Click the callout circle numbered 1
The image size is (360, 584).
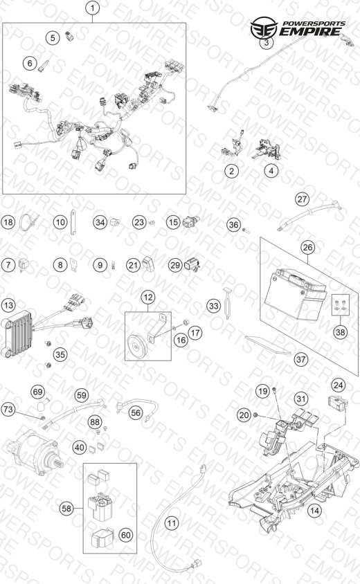[x=92, y=8]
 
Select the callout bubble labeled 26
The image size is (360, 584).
[x=307, y=247]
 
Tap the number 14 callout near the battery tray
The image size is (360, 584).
[x=314, y=510]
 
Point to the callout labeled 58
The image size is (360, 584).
[x=66, y=509]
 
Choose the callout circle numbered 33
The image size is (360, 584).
[x=213, y=306]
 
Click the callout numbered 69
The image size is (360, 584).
[x=37, y=392]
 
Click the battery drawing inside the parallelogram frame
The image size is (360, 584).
[x=295, y=294]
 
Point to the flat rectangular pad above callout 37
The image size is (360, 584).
[x=268, y=345]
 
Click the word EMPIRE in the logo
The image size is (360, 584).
[x=309, y=32]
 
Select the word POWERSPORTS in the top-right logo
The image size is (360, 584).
[x=314, y=24]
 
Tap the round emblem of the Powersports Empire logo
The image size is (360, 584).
[x=264, y=28]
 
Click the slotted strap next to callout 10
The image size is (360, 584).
[x=74, y=222]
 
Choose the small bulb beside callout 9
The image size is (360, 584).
[x=113, y=265]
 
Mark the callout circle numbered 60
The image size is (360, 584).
[x=125, y=535]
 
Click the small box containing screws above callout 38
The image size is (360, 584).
[x=341, y=304]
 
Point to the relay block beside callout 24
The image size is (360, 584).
[x=337, y=401]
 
